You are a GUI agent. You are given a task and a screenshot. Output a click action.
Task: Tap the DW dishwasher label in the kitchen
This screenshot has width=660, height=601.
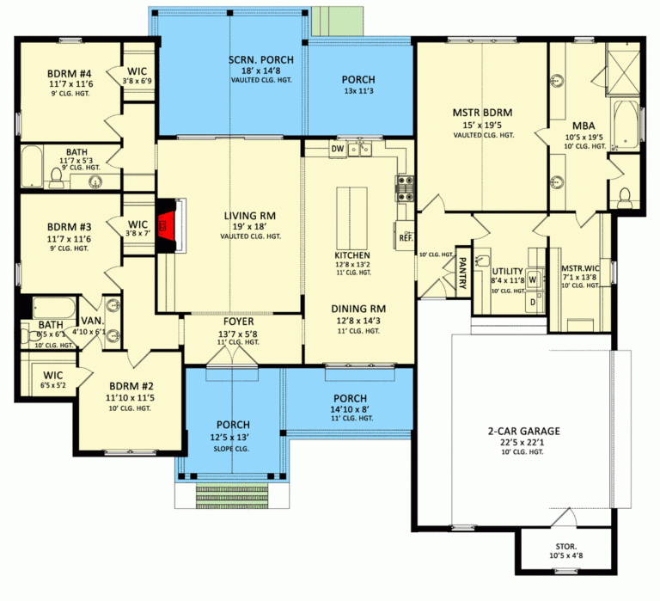(338, 149)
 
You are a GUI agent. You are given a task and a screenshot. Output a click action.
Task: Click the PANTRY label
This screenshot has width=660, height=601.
(461, 273)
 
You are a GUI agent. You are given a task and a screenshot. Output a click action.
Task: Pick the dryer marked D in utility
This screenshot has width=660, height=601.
(532, 301)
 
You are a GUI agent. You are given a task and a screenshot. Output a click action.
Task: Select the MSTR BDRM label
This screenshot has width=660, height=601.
(482, 112)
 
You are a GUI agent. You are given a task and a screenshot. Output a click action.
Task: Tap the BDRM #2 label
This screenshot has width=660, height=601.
(127, 386)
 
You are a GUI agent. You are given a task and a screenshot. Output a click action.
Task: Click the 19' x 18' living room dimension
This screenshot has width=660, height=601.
(233, 226)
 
